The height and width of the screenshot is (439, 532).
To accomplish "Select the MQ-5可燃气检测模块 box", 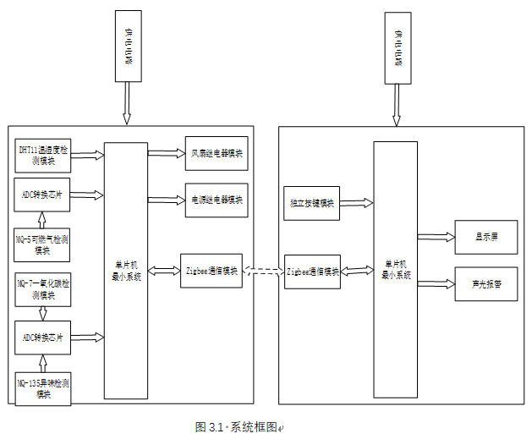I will tap(43, 244).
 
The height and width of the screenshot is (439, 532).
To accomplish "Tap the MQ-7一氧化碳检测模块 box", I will tap(43, 289).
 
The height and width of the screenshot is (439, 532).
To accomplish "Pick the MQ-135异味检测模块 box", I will tap(43, 389).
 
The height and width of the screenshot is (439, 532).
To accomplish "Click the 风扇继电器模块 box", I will tap(217, 154).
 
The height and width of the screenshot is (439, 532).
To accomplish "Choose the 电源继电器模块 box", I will tap(217, 200).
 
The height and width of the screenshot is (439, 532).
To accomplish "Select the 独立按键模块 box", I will tap(312, 203).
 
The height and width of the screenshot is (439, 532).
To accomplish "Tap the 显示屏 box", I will tap(485, 238).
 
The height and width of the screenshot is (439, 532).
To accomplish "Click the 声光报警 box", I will tap(485, 284).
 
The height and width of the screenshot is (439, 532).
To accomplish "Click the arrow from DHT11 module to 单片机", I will tap(88, 154).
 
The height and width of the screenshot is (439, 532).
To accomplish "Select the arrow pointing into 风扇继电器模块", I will tap(166, 154).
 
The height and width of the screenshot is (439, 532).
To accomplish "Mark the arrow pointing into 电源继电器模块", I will tap(166, 200).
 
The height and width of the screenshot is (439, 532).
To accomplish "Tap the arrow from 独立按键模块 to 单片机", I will tap(356, 203).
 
